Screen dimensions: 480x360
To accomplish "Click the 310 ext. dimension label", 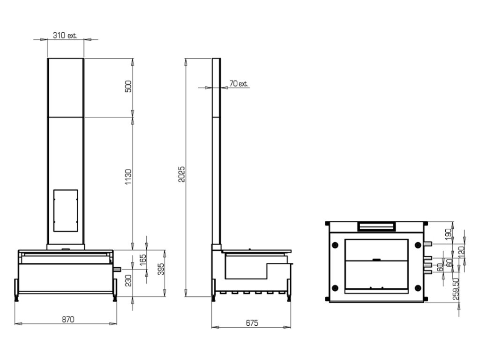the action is coord(65,36).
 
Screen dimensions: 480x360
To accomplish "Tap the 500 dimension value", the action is coord(128,86).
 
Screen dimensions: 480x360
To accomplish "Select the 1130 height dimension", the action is coord(128,177).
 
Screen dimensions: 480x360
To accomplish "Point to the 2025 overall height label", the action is coord(182,174).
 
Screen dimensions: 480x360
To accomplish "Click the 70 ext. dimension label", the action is coord(239,83).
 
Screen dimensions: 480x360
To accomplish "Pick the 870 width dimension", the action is coord(68,319).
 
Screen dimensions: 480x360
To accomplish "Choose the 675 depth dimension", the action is coord(252,322).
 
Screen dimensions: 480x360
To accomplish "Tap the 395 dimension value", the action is coord(161,269).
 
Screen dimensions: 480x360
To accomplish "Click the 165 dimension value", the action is coord(142,261).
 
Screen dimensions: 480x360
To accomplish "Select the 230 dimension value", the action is coord(128,280).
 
